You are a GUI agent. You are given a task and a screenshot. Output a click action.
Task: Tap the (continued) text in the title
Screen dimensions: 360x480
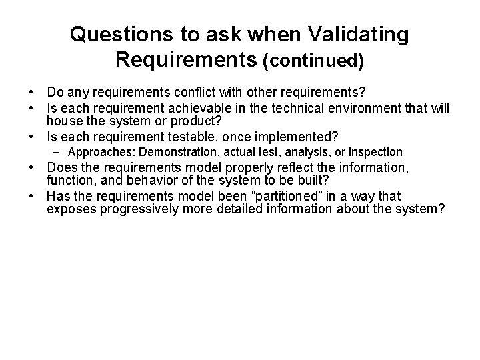313,61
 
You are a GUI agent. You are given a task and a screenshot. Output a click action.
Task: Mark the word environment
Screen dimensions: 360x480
357,108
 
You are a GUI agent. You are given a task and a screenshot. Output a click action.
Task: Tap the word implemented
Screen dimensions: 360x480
291,137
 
